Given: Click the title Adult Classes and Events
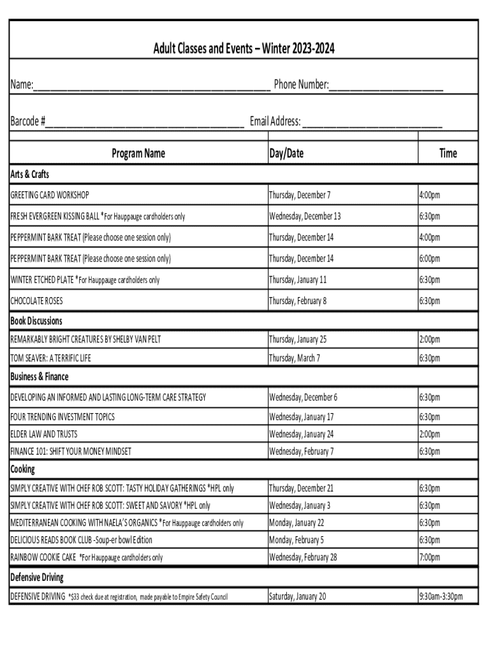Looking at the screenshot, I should click(244, 48).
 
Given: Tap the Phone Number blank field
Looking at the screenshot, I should click(386, 86).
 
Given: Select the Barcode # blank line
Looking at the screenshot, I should click(145, 122).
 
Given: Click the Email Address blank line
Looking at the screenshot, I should click(372, 122).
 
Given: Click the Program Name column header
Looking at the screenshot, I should click(138, 153).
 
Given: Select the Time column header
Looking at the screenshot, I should click(448, 153).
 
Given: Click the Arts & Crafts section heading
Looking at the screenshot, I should click(30, 174).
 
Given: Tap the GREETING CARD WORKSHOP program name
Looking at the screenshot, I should click(50, 194).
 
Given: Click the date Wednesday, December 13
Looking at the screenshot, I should click(305, 216).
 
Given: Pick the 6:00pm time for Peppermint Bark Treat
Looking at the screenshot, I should click(429, 258).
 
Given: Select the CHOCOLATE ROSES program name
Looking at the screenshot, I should click(36, 300).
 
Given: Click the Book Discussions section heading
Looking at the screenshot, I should click(36, 321).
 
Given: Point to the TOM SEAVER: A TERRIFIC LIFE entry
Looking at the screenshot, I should click(50, 358).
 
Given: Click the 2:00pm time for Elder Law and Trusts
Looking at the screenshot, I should click(429, 434).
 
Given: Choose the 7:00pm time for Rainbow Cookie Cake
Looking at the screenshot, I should click(429, 557).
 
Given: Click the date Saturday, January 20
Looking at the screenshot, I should click(298, 597).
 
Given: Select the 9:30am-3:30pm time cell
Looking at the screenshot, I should click(441, 597).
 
